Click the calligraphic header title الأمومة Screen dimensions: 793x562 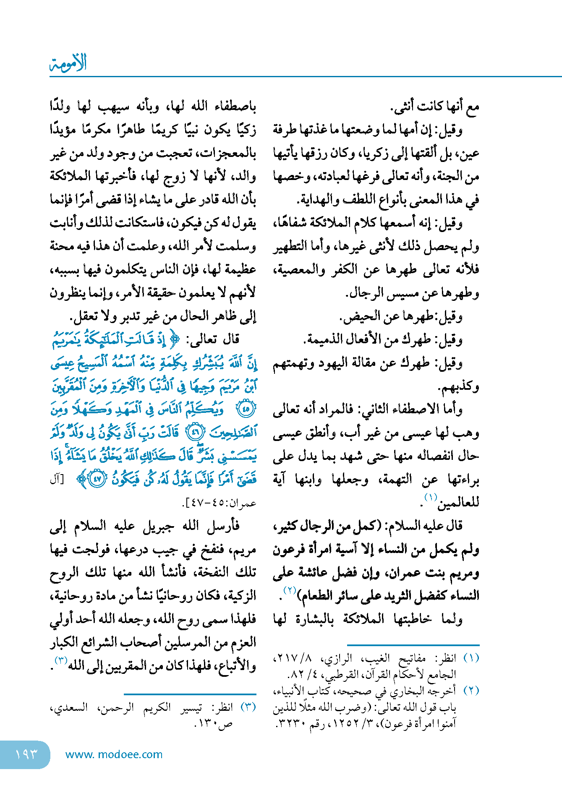click(68, 63)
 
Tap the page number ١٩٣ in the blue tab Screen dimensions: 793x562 click(26, 754)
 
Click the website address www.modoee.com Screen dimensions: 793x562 click(114, 754)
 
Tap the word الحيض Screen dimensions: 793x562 click(358, 317)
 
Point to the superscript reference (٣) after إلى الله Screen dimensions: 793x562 click(61, 660)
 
